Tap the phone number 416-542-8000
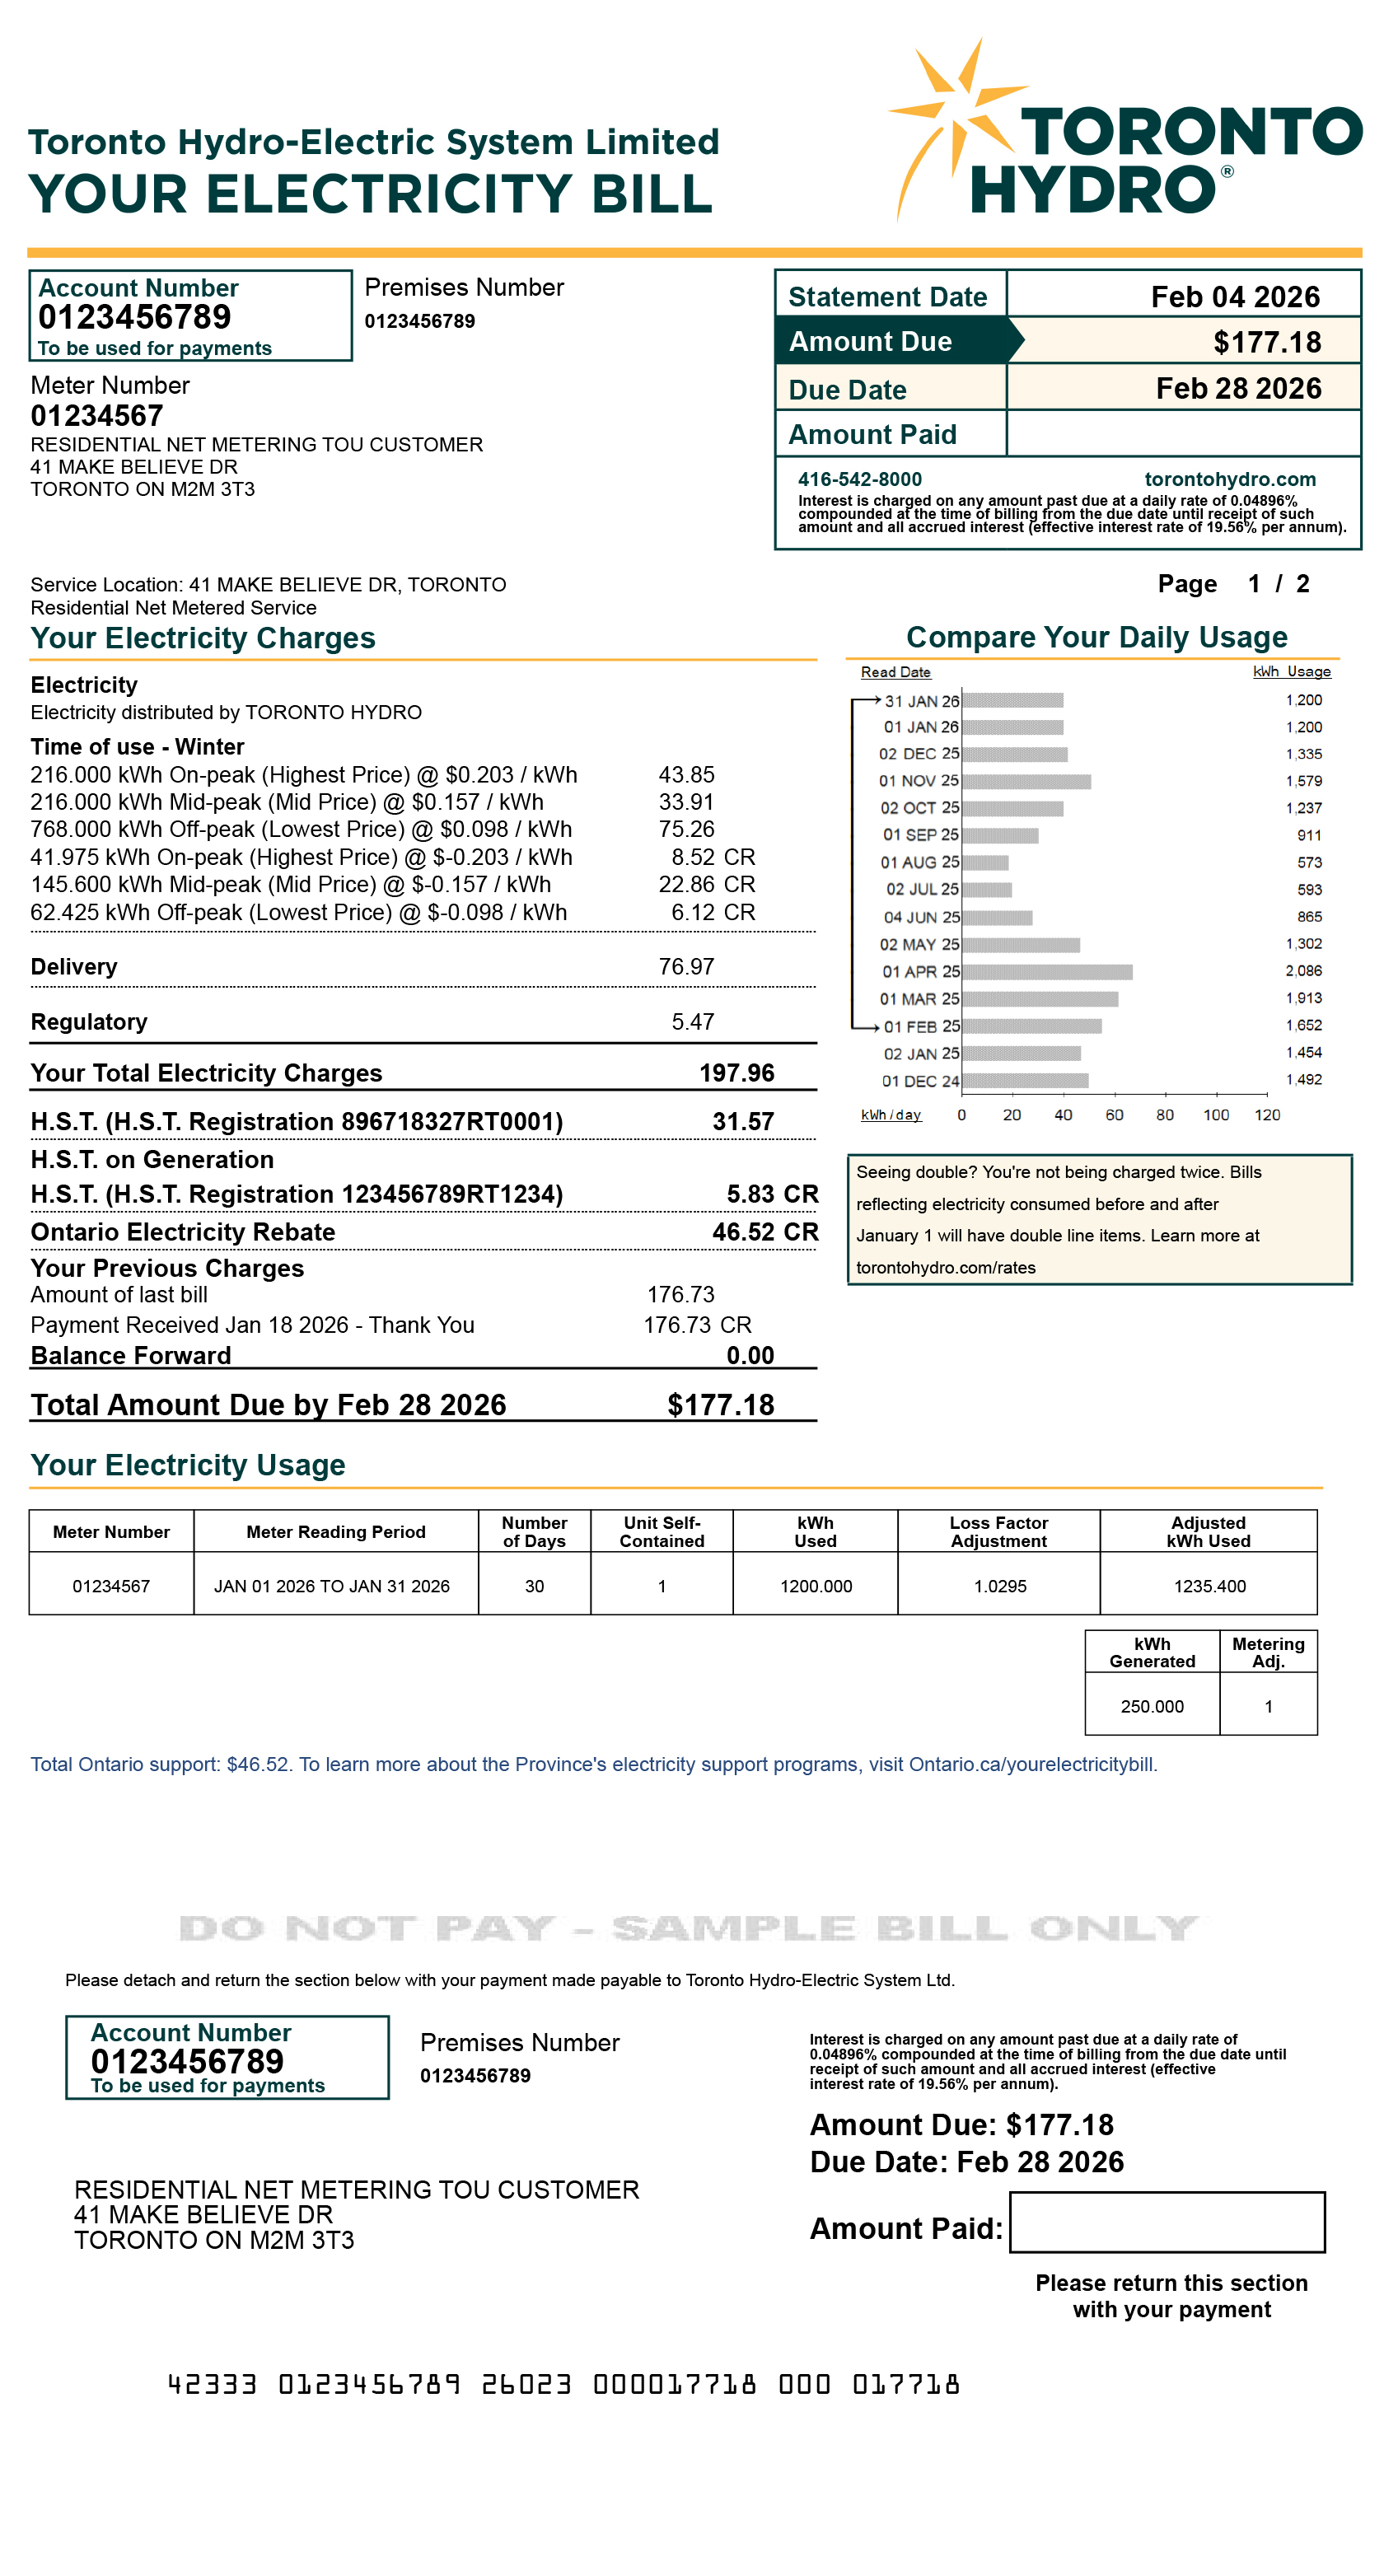click(859, 479)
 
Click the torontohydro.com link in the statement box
click(1229, 479)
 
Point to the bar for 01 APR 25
click(1046, 972)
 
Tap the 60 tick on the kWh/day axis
click(1114, 1115)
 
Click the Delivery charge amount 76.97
click(685, 967)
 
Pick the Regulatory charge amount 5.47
click(693, 1021)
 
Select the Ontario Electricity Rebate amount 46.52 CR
click(764, 1232)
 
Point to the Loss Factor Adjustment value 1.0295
click(999, 1586)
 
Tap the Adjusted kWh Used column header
click(1208, 1531)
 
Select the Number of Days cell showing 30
click(534, 1586)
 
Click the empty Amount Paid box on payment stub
click(1166, 2222)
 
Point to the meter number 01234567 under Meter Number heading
click(97, 416)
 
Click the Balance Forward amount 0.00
click(750, 1355)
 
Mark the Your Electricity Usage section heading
click(188, 1465)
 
